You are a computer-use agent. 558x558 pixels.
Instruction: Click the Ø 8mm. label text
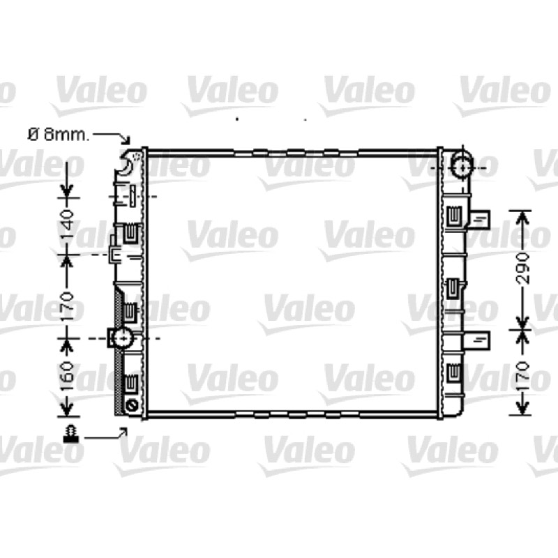coord(59,135)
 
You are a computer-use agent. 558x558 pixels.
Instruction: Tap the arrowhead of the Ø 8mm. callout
coord(126,140)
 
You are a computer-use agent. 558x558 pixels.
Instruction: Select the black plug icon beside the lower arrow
coord(71,434)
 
